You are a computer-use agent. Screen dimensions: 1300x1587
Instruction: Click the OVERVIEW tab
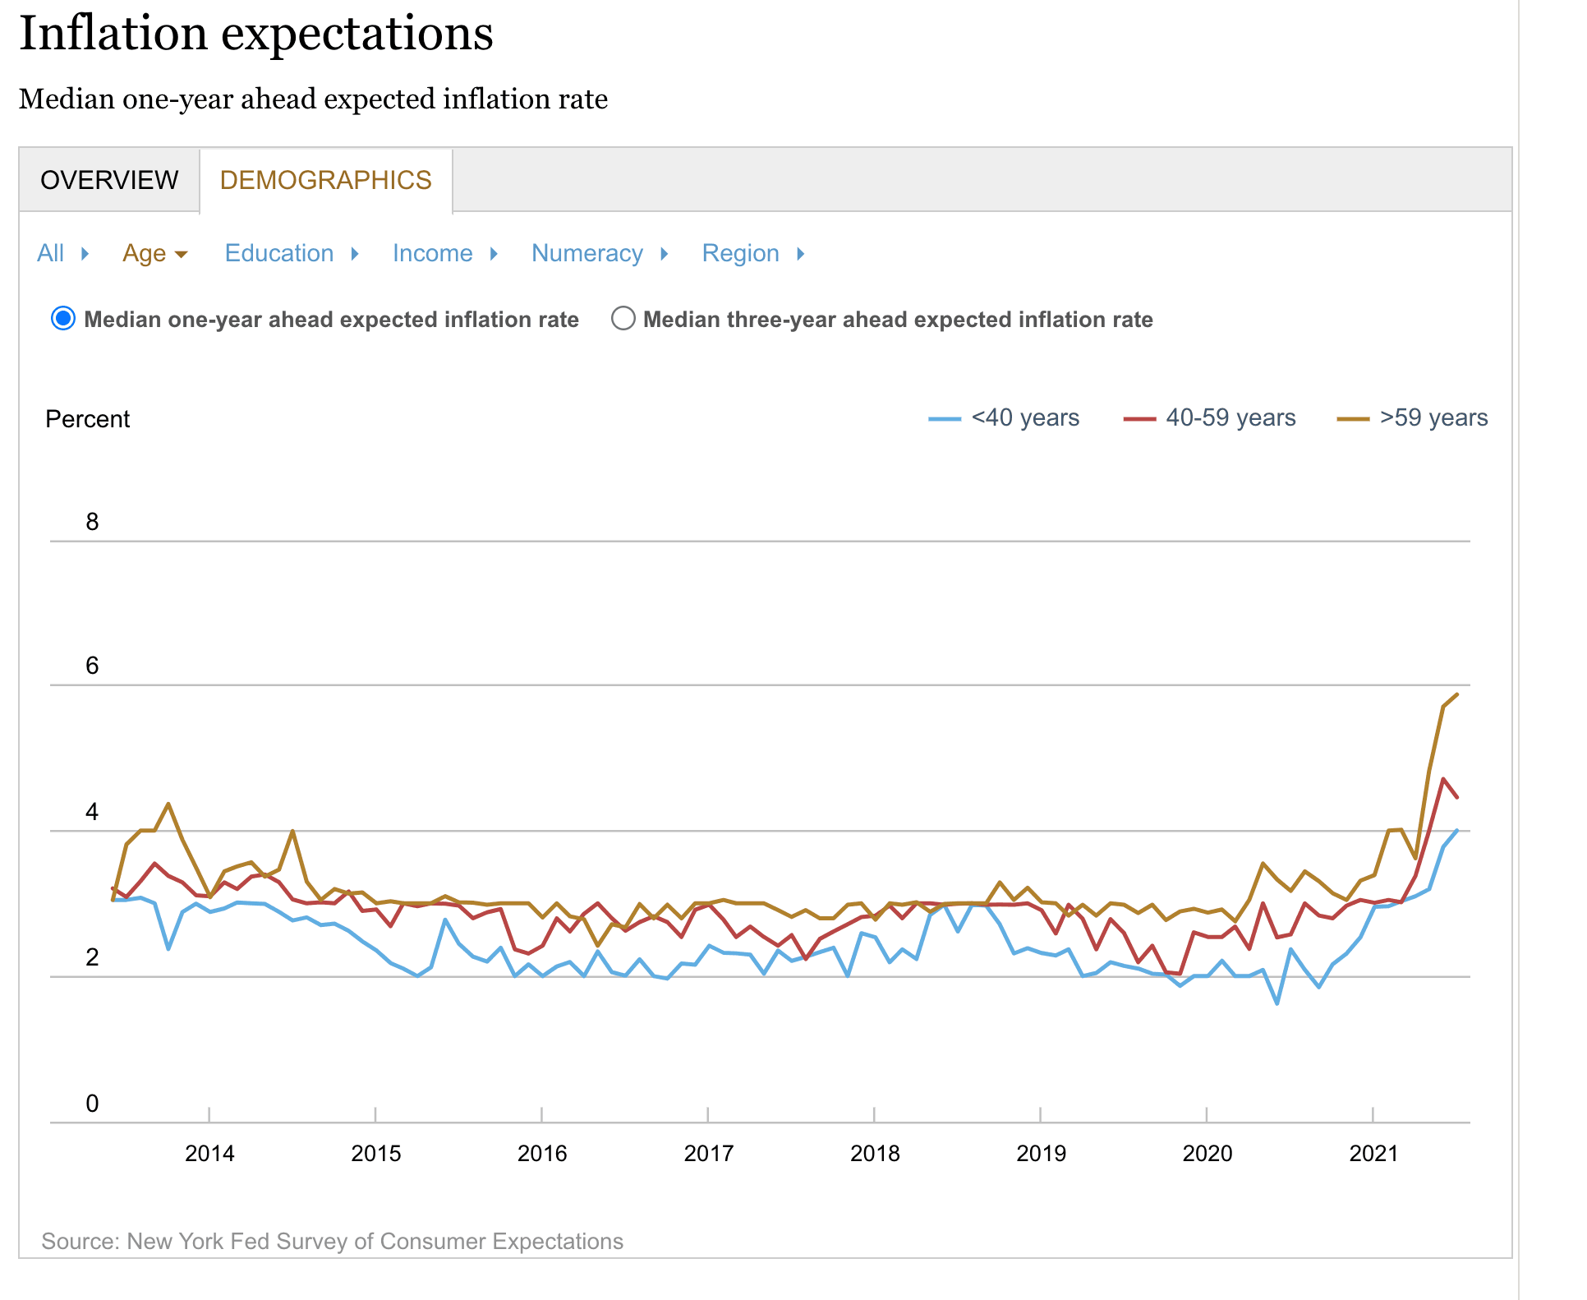tap(109, 180)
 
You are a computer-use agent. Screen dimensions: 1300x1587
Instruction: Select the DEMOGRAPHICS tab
tap(325, 180)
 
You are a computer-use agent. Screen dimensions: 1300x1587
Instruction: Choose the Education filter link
tap(279, 253)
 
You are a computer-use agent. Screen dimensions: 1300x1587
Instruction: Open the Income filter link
tap(432, 253)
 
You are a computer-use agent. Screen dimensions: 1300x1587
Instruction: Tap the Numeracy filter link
tap(586, 253)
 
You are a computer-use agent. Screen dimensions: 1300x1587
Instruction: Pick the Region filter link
tap(740, 253)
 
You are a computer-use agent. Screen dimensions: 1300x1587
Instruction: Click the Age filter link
tap(145, 253)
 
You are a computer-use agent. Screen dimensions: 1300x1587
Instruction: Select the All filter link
tap(50, 253)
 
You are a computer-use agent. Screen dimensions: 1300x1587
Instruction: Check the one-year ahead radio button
tap(63, 319)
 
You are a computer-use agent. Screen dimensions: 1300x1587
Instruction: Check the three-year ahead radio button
tap(623, 319)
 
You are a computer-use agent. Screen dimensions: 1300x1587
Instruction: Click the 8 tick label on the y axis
tap(92, 522)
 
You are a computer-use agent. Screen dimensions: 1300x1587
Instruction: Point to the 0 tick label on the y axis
tap(92, 1104)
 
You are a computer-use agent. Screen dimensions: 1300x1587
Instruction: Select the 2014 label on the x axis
tap(209, 1154)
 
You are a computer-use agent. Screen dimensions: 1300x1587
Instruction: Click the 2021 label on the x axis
tap(1373, 1154)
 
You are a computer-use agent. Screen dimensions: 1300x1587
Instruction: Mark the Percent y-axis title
tap(87, 419)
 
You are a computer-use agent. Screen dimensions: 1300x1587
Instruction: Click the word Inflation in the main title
tap(113, 34)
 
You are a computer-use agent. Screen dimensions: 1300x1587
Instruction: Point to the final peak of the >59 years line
tap(1457, 694)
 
